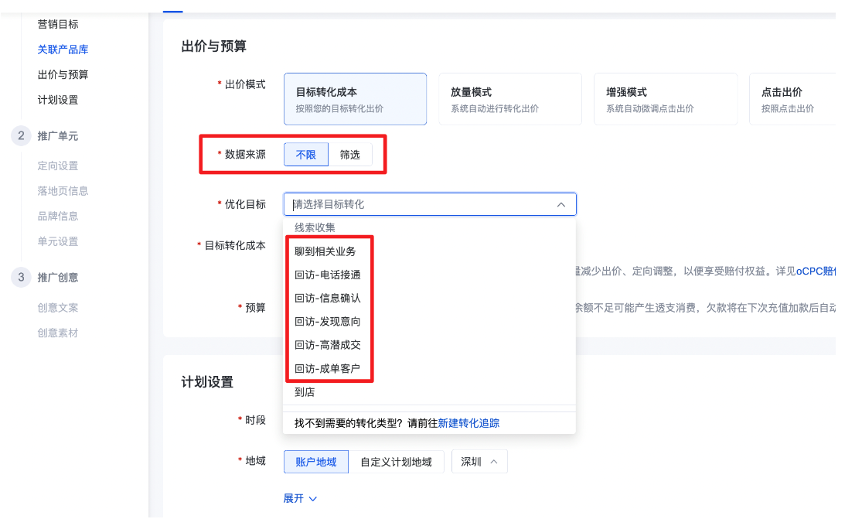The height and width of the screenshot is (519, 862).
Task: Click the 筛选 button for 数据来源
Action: [350, 155]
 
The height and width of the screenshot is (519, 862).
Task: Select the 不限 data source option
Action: [306, 155]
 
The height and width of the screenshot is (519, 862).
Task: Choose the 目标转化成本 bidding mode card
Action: [355, 99]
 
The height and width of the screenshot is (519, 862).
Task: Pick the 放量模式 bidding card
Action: [509, 99]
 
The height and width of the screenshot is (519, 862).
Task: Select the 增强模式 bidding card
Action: [665, 99]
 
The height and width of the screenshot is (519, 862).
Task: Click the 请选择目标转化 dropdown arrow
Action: [561, 204]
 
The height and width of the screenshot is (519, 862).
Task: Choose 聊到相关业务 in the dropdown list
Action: [325, 251]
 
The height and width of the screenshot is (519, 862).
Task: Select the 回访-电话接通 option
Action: [328, 275]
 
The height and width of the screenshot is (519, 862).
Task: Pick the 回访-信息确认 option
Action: [328, 298]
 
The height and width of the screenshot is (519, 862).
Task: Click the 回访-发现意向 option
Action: [328, 322]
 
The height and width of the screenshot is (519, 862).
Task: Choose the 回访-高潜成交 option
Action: [328, 345]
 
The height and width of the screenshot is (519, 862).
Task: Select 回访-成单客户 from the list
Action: [328, 368]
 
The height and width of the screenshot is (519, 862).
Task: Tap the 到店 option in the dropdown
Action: [305, 392]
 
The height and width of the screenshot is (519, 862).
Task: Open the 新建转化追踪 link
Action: [468, 423]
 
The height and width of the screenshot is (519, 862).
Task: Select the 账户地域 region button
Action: [315, 462]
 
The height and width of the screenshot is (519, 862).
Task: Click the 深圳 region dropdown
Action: [479, 462]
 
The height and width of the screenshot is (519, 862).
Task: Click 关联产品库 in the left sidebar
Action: [63, 50]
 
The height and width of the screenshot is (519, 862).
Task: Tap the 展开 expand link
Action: [300, 499]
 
